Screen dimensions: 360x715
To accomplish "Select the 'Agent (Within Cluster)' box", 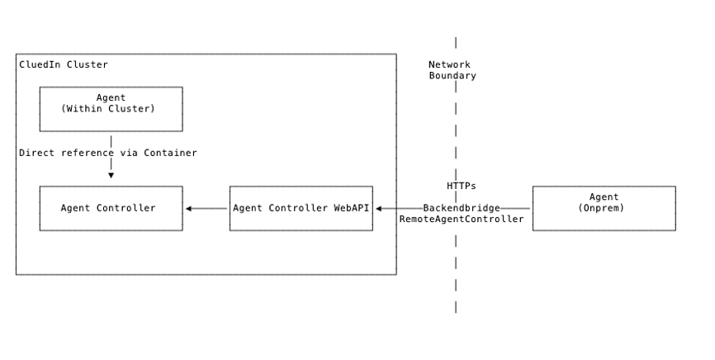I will point(111,109).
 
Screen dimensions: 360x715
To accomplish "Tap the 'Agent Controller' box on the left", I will point(111,208).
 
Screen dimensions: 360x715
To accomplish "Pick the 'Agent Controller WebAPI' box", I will point(301,208).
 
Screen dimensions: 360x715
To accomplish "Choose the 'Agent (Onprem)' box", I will point(604,208).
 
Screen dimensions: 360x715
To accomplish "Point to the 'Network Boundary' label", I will point(452,70).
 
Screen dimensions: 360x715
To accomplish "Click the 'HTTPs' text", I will point(461,186).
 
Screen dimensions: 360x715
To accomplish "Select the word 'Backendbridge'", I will point(462,208).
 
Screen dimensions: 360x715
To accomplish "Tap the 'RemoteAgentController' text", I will point(462,219).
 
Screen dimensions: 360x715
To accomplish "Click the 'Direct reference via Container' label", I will point(108,153).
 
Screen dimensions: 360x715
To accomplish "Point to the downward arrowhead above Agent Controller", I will point(111,175).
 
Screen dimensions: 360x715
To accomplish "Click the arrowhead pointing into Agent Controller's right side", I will point(189,208).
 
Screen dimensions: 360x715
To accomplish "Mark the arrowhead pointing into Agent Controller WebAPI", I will point(379,208).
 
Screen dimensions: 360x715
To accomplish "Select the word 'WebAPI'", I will point(352,208).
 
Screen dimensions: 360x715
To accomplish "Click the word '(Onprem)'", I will point(604,208).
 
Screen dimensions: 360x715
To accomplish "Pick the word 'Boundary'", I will point(452,76).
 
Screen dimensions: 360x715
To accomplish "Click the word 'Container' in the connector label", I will point(171,153).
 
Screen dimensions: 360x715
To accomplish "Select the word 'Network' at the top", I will point(449,64).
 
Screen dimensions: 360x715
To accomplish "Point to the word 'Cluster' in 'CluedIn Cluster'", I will point(87,64).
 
